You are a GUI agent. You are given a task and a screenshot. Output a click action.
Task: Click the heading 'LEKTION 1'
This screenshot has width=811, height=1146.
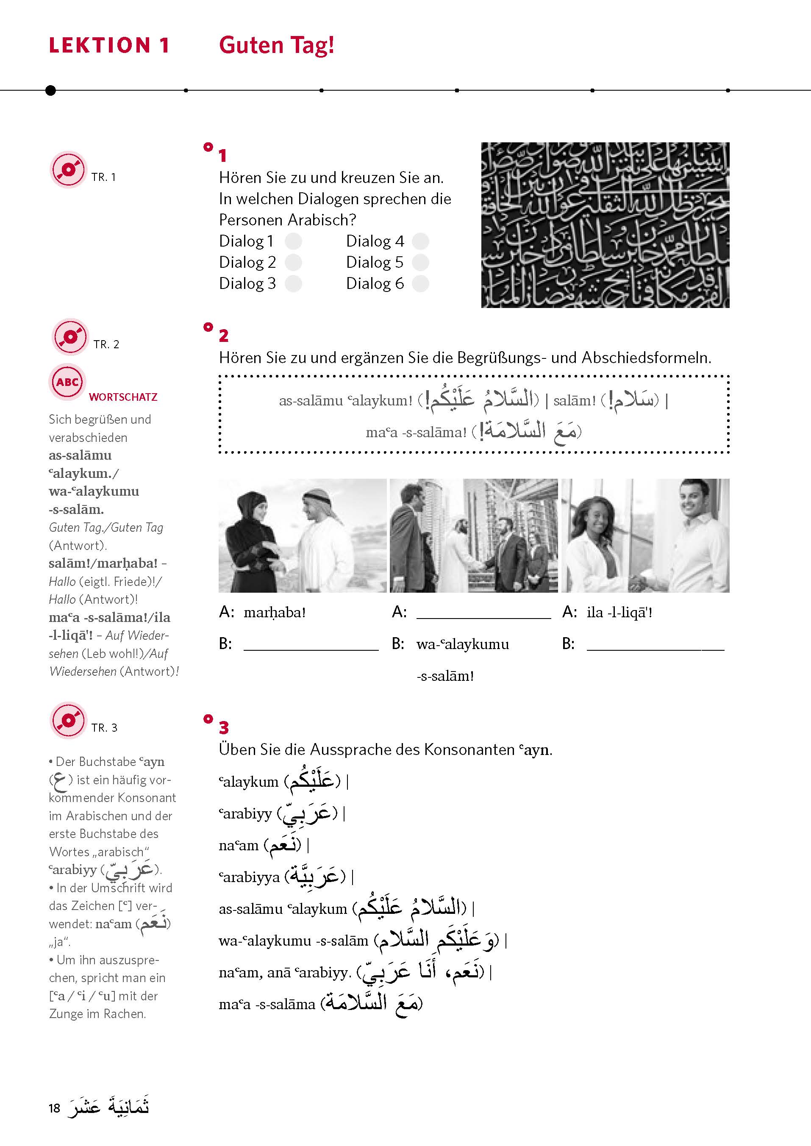pyautogui.click(x=109, y=45)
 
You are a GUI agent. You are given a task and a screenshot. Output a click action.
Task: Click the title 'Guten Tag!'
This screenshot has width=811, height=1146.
pyautogui.click(x=276, y=45)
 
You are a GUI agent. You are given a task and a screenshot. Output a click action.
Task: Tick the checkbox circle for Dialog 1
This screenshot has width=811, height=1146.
pyautogui.click(x=293, y=241)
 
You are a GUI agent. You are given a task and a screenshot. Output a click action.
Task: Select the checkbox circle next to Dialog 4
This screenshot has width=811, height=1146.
pyautogui.click(x=420, y=241)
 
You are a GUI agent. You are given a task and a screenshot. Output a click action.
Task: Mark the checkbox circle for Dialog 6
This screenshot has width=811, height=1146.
pyautogui.click(x=420, y=283)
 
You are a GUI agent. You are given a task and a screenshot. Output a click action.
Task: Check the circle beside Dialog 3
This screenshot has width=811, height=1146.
pyautogui.click(x=293, y=283)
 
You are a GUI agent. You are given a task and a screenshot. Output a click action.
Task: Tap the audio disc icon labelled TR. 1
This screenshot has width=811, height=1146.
pyautogui.click(x=68, y=170)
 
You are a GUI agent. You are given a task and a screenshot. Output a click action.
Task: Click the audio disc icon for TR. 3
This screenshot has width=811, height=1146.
pyautogui.click(x=68, y=721)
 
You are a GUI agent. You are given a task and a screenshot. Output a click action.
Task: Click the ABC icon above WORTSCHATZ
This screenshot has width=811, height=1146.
pyautogui.click(x=67, y=382)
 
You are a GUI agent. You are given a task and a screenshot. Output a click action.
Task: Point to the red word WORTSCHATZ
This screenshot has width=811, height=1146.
pyautogui.click(x=123, y=397)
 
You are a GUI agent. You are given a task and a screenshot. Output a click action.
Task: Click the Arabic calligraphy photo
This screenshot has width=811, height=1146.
pyautogui.click(x=605, y=225)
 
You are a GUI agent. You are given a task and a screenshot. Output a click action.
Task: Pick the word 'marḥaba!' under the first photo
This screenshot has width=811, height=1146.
pyautogui.click(x=274, y=613)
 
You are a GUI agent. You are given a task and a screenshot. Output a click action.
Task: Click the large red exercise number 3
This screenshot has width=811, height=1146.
pyautogui.click(x=223, y=727)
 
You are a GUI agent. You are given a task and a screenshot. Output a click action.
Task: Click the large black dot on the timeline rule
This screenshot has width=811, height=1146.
pyautogui.click(x=50, y=90)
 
